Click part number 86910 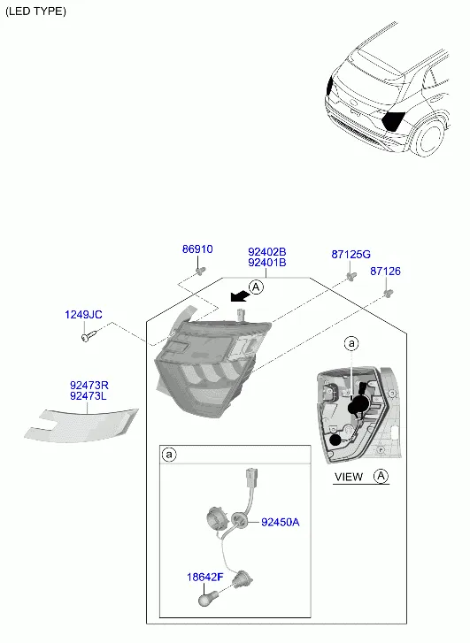197,249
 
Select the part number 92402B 266,252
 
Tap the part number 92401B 266,263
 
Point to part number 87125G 351,254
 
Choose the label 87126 385,271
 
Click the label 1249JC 83,315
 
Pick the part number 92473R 89,385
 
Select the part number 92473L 89,395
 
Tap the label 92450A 281,522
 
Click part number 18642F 204,577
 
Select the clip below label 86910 200,271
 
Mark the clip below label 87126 388,293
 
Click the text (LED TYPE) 35,11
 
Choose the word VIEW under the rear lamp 349,477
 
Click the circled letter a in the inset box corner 169,455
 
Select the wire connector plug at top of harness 251,477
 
